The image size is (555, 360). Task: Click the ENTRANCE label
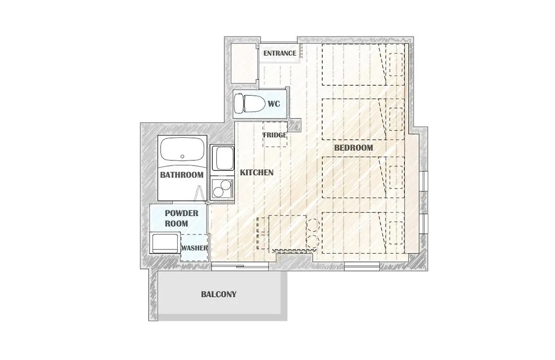(x=280, y=53)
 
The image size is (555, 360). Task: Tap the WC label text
(x=274, y=104)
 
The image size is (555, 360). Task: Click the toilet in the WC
(x=250, y=103)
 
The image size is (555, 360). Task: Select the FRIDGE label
(x=274, y=135)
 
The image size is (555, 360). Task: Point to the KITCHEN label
(x=256, y=173)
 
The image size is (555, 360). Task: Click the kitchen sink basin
(x=223, y=158)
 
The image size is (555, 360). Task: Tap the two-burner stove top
(x=223, y=188)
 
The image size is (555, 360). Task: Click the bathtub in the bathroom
(x=182, y=151)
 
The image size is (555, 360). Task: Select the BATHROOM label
(x=181, y=175)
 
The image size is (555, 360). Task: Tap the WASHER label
(x=194, y=248)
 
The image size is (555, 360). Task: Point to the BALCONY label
(x=219, y=295)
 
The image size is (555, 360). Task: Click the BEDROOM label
(x=354, y=148)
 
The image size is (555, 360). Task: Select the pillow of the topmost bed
(x=396, y=64)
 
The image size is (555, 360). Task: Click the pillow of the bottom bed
(x=396, y=233)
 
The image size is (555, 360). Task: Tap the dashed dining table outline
(x=287, y=232)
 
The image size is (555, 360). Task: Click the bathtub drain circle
(x=182, y=156)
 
